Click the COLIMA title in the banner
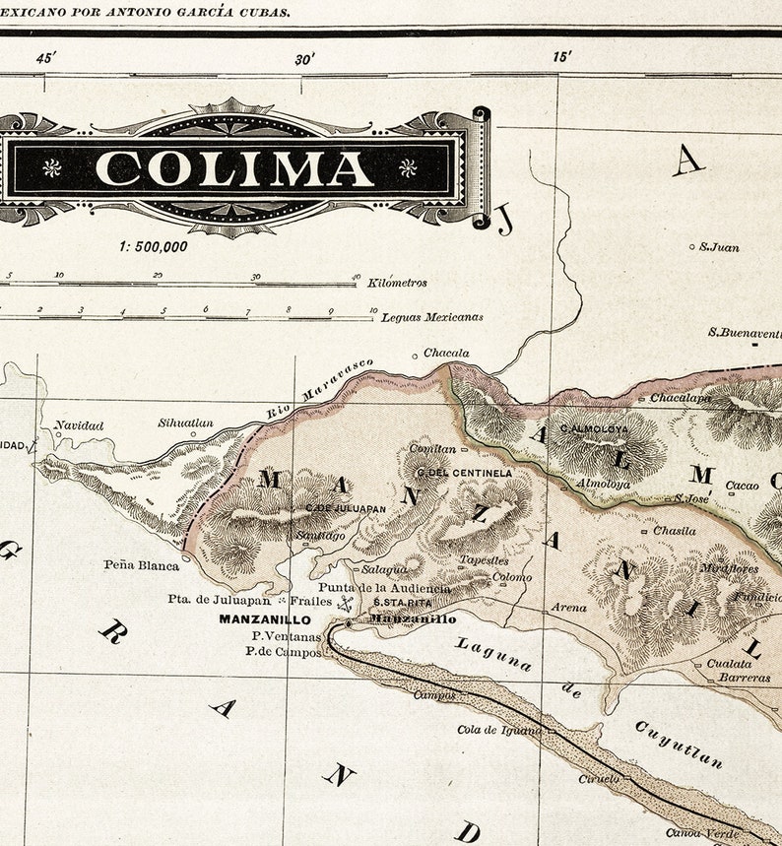pyautogui.click(x=234, y=167)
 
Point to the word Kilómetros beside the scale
pyautogui.click(x=398, y=283)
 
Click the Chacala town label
pyautogui.click(x=446, y=353)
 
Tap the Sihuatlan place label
pyautogui.click(x=185, y=423)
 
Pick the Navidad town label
pyautogui.click(x=79, y=425)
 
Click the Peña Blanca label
pyautogui.click(x=142, y=565)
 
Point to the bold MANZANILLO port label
pyautogui.click(x=265, y=619)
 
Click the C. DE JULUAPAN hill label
pyautogui.click(x=346, y=508)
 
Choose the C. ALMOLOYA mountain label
pyautogui.click(x=593, y=429)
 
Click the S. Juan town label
pyautogui.click(x=719, y=247)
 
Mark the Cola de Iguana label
pyautogui.click(x=499, y=730)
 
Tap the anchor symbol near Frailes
pyautogui.click(x=345, y=601)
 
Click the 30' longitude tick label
pyautogui.click(x=304, y=59)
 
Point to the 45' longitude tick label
pyautogui.click(x=46, y=58)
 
